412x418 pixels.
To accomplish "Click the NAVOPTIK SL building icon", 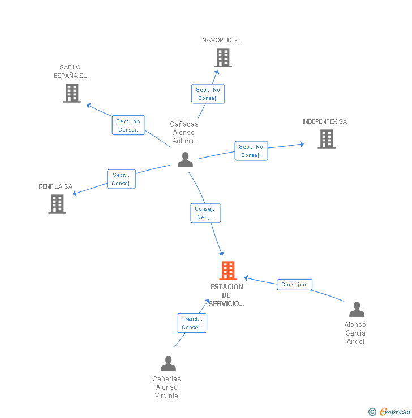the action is pyautogui.click(x=223, y=58).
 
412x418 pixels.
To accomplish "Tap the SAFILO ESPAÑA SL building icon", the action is pyautogui.click(x=72, y=93).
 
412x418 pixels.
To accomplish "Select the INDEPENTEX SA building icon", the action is pyautogui.click(x=326, y=139).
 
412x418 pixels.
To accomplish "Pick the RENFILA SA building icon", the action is pyautogui.click(x=57, y=204).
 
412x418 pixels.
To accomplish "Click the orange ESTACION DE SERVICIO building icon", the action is pyautogui.click(x=228, y=271).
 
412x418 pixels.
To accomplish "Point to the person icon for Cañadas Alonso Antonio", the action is pyautogui.click(x=185, y=160).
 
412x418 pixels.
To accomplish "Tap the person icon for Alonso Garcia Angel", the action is pyautogui.click(x=357, y=310).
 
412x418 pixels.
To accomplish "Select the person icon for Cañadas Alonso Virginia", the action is pyautogui.click(x=168, y=364).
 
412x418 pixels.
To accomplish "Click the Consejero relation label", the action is pyautogui.click(x=294, y=285).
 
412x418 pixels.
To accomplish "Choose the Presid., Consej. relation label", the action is pyautogui.click(x=191, y=323).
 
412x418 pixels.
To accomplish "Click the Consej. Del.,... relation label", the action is pyautogui.click(x=205, y=213).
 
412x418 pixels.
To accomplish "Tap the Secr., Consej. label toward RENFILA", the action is pyautogui.click(x=122, y=179).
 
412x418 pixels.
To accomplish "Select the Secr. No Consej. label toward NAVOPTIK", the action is pyautogui.click(x=208, y=94).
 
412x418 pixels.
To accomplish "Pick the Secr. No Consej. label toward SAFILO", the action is pyautogui.click(x=128, y=125).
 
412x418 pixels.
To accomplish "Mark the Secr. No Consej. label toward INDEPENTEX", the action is pyautogui.click(x=251, y=151).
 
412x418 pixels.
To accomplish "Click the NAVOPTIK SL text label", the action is pyautogui.click(x=221, y=40).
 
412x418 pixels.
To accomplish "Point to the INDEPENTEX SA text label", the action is pyautogui.click(x=325, y=121).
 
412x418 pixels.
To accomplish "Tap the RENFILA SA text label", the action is pyautogui.click(x=55, y=186).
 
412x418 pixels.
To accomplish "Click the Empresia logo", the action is pyautogui.click(x=395, y=412).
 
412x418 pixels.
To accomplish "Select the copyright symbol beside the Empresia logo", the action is pyautogui.click(x=372, y=412).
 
